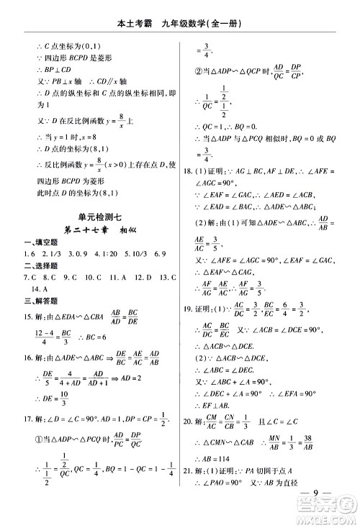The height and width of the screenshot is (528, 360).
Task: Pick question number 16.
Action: [28, 357]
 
